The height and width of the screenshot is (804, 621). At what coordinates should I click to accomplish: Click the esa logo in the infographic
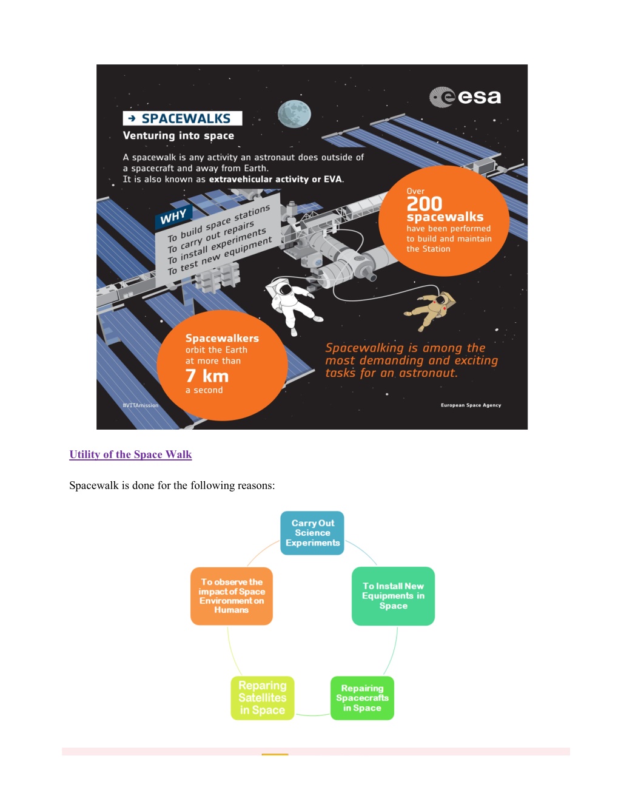pos(465,97)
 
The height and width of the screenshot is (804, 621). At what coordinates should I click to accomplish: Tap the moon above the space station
pos(294,114)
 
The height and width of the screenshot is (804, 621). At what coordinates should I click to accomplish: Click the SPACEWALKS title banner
pos(183,118)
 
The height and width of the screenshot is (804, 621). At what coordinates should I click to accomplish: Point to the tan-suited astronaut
pos(431,310)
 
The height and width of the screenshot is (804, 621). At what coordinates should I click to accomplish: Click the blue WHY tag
pos(173,216)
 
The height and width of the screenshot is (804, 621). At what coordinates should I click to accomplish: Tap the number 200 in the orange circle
pos(425,204)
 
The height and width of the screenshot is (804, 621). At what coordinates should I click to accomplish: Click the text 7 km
pos(207,376)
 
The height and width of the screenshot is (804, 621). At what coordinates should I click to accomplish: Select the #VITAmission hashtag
pos(141,405)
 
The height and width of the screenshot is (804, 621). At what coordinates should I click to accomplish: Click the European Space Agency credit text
pos(471,405)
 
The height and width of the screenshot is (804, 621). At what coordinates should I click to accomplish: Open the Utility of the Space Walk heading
pos(130,454)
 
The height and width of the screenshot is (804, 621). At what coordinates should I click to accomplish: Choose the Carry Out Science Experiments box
pos(312,533)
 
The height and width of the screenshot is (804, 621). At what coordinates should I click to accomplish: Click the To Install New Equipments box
pos(394,596)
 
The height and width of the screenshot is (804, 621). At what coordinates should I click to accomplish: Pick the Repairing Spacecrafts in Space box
pos(362,698)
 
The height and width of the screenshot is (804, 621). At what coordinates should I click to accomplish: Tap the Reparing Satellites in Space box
pos(263,698)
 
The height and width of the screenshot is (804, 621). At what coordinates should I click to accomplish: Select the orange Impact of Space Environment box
pos(232,596)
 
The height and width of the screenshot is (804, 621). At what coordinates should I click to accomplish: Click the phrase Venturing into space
pos(178,136)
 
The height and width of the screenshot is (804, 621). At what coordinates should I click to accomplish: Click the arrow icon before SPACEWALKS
pos(132,118)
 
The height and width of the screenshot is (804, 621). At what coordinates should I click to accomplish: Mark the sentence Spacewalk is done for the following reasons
pos(172,485)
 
